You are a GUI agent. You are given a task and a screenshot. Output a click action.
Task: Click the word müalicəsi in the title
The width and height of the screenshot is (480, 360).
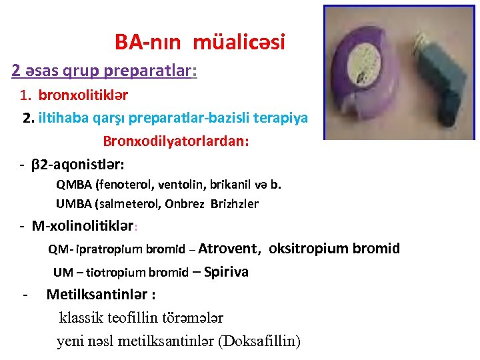point(239,43)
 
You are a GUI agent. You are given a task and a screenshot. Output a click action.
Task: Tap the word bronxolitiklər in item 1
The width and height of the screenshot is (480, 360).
point(83,96)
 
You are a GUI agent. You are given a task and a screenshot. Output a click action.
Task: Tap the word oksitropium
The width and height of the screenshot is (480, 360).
point(309,249)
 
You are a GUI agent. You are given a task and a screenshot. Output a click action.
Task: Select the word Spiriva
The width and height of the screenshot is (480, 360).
point(226,271)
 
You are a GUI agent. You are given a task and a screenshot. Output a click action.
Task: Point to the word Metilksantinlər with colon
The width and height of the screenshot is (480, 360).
point(101,294)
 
